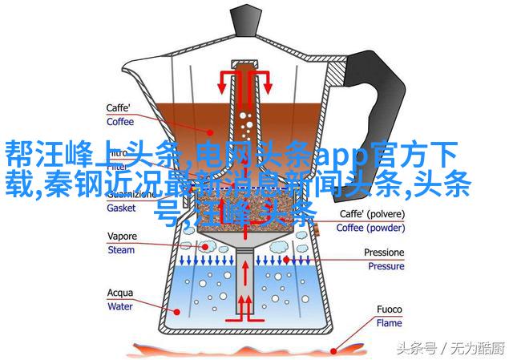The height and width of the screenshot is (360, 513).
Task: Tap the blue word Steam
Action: pyautogui.click(x=121, y=250)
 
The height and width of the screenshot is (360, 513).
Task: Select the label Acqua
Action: pyautogui.click(x=120, y=293)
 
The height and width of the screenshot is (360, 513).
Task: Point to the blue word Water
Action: pyautogui.click(x=121, y=305)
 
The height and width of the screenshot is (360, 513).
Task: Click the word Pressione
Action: pyautogui.click(x=385, y=253)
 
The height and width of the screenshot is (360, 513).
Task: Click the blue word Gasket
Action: pyautogui.click(x=122, y=206)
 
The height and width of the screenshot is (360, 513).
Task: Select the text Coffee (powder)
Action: pyautogui.click(x=371, y=227)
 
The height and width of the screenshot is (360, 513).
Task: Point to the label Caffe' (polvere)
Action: pyautogui.click(x=371, y=215)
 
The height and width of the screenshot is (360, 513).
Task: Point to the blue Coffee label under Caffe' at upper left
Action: pyautogui.click(x=121, y=122)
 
